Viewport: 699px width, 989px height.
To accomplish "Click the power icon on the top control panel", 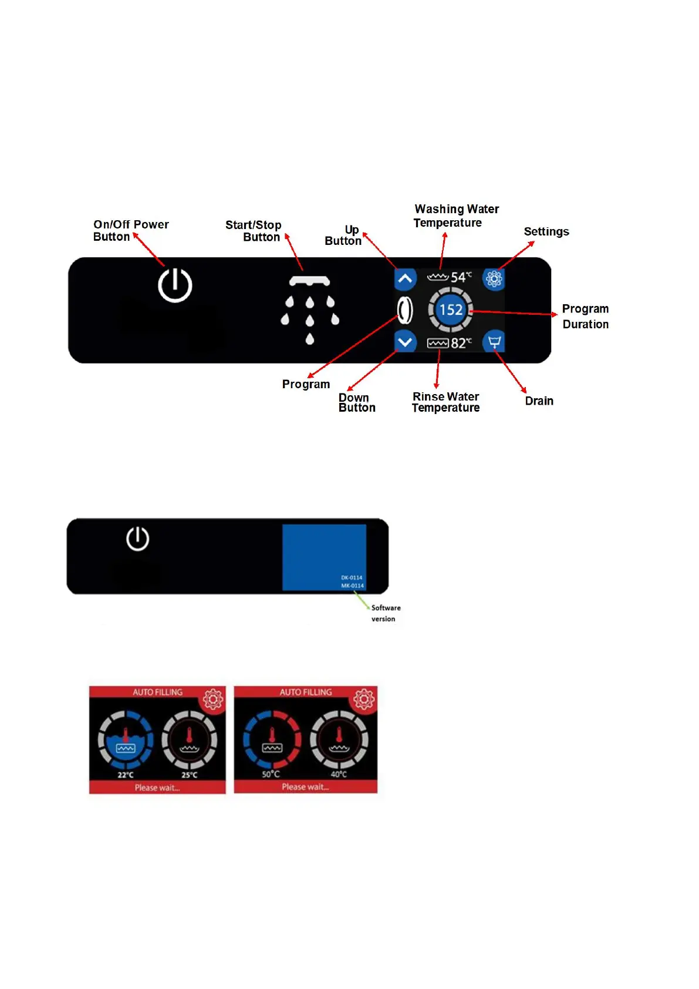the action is pyautogui.click(x=175, y=285).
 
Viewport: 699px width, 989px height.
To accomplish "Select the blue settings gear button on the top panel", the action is pyautogui.click(x=494, y=278).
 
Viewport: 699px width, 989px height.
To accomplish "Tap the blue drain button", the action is pyautogui.click(x=494, y=342).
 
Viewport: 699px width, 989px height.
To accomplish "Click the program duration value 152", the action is pyautogui.click(x=451, y=310).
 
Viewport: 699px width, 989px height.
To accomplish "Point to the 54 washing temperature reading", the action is pyautogui.click(x=458, y=277).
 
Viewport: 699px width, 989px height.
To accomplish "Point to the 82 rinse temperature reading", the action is pyautogui.click(x=458, y=343).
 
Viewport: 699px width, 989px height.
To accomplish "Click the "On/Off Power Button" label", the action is pyautogui.click(x=130, y=230).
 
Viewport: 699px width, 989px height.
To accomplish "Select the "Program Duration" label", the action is pyautogui.click(x=585, y=316).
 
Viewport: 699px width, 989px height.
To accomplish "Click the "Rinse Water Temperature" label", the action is pyautogui.click(x=445, y=402).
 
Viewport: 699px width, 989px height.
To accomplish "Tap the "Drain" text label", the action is pyautogui.click(x=539, y=401).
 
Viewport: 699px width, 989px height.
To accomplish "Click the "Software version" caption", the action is pyautogui.click(x=386, y=613).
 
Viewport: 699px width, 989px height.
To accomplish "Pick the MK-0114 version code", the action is pyautogui.click(x=352, y=586).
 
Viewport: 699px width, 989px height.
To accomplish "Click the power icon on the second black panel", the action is pyautogui.click(x=138, y=539).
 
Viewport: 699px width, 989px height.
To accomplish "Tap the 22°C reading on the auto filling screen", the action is pyautogui.click(x=126, y=775).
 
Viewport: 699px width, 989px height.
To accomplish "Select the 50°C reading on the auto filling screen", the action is pyautogui.click(x=271, y=774).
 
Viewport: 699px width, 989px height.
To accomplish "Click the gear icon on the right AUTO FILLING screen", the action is pyautogui.click(x=363, y=699).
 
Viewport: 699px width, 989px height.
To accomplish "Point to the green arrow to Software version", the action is pyautogui.click(x=362, y=600).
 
